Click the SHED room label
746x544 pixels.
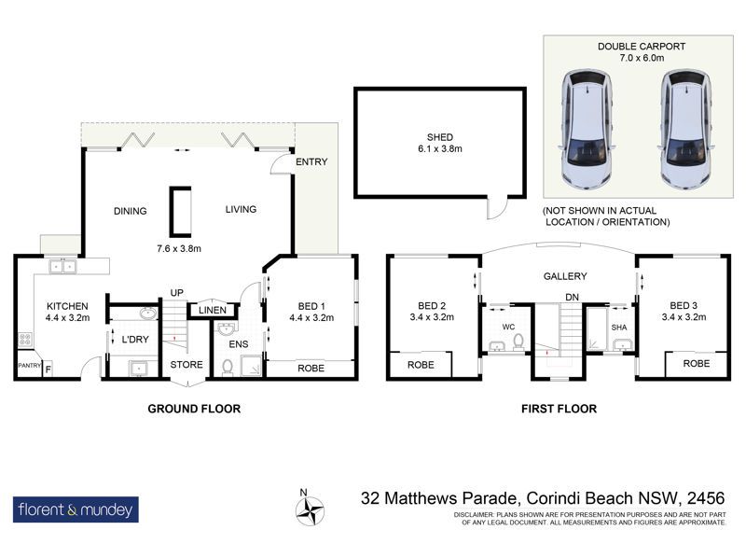439,137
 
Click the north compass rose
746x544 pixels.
310,509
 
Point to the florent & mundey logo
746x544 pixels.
76,509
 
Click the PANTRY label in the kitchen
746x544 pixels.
30,366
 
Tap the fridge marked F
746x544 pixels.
48,369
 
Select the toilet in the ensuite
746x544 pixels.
228,368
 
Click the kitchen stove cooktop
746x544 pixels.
25,339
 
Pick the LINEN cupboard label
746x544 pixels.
213,311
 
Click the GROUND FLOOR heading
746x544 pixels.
194,409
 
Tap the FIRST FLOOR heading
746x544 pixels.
559,409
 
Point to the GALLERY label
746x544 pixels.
565,276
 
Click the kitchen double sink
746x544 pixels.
62,267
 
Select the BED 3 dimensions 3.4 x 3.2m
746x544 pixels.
684,317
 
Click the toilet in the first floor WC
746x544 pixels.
518,342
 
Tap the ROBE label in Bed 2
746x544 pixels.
421,365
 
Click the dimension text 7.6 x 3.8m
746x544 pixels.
179,248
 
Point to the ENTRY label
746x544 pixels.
311,161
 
